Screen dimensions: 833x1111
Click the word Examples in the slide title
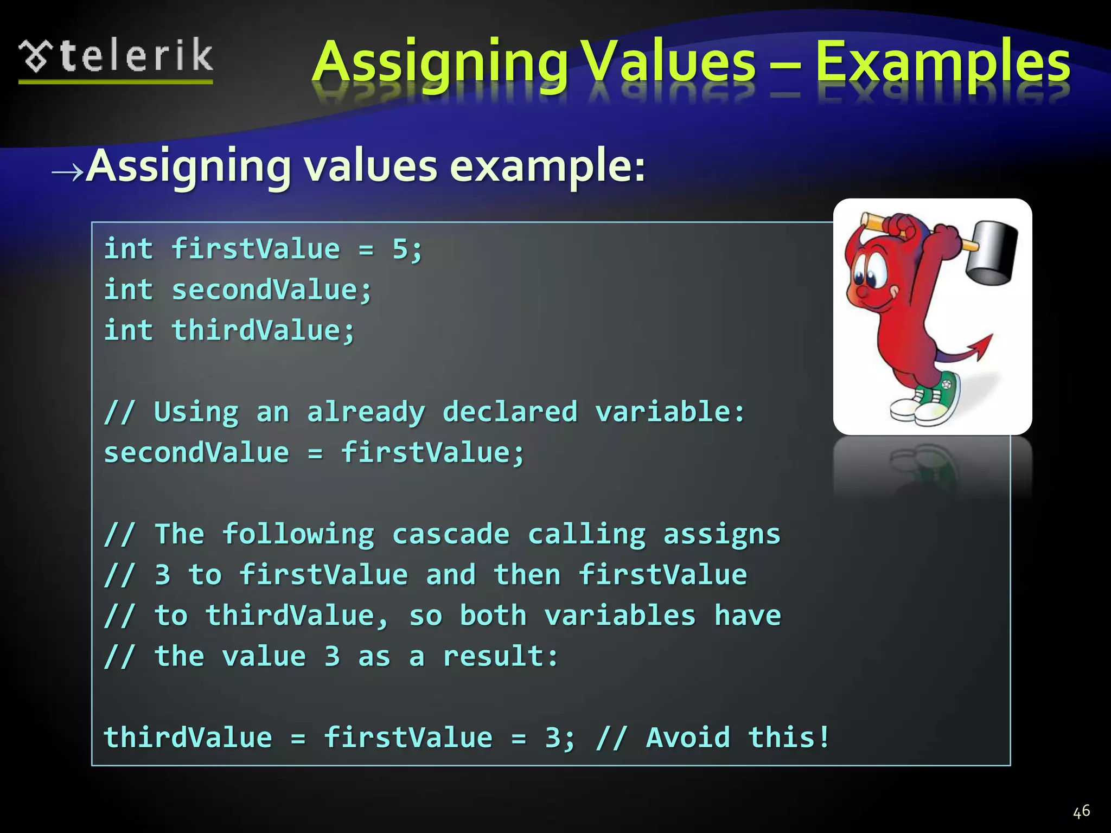click(x=943, y=63)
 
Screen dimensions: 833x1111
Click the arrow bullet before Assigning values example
click(x=67, y=172)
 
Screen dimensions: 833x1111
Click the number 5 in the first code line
click(x=400, y=249)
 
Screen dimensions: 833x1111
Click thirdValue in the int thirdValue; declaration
click(x=256, y=331)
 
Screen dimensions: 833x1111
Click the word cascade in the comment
click(x=451, y=534)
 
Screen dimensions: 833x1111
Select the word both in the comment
click(x=493, y=616)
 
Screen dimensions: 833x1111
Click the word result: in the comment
click(x=500, y=656)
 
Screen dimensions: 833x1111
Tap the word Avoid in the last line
click(x=688, y=738)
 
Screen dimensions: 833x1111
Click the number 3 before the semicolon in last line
click(x=552, y=738)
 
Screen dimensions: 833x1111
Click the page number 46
click(x=1081, y=811)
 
